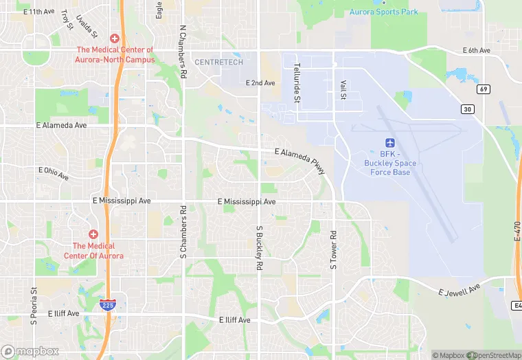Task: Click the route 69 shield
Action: point(484,89)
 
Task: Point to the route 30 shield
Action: point(468,109)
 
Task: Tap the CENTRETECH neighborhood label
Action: point(219,62)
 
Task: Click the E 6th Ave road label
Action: point(476,50)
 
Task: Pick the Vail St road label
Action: point(342,89)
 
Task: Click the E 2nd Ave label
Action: point(260,83)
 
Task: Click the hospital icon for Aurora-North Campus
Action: point(114,38)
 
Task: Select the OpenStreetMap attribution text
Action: point(494,355)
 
